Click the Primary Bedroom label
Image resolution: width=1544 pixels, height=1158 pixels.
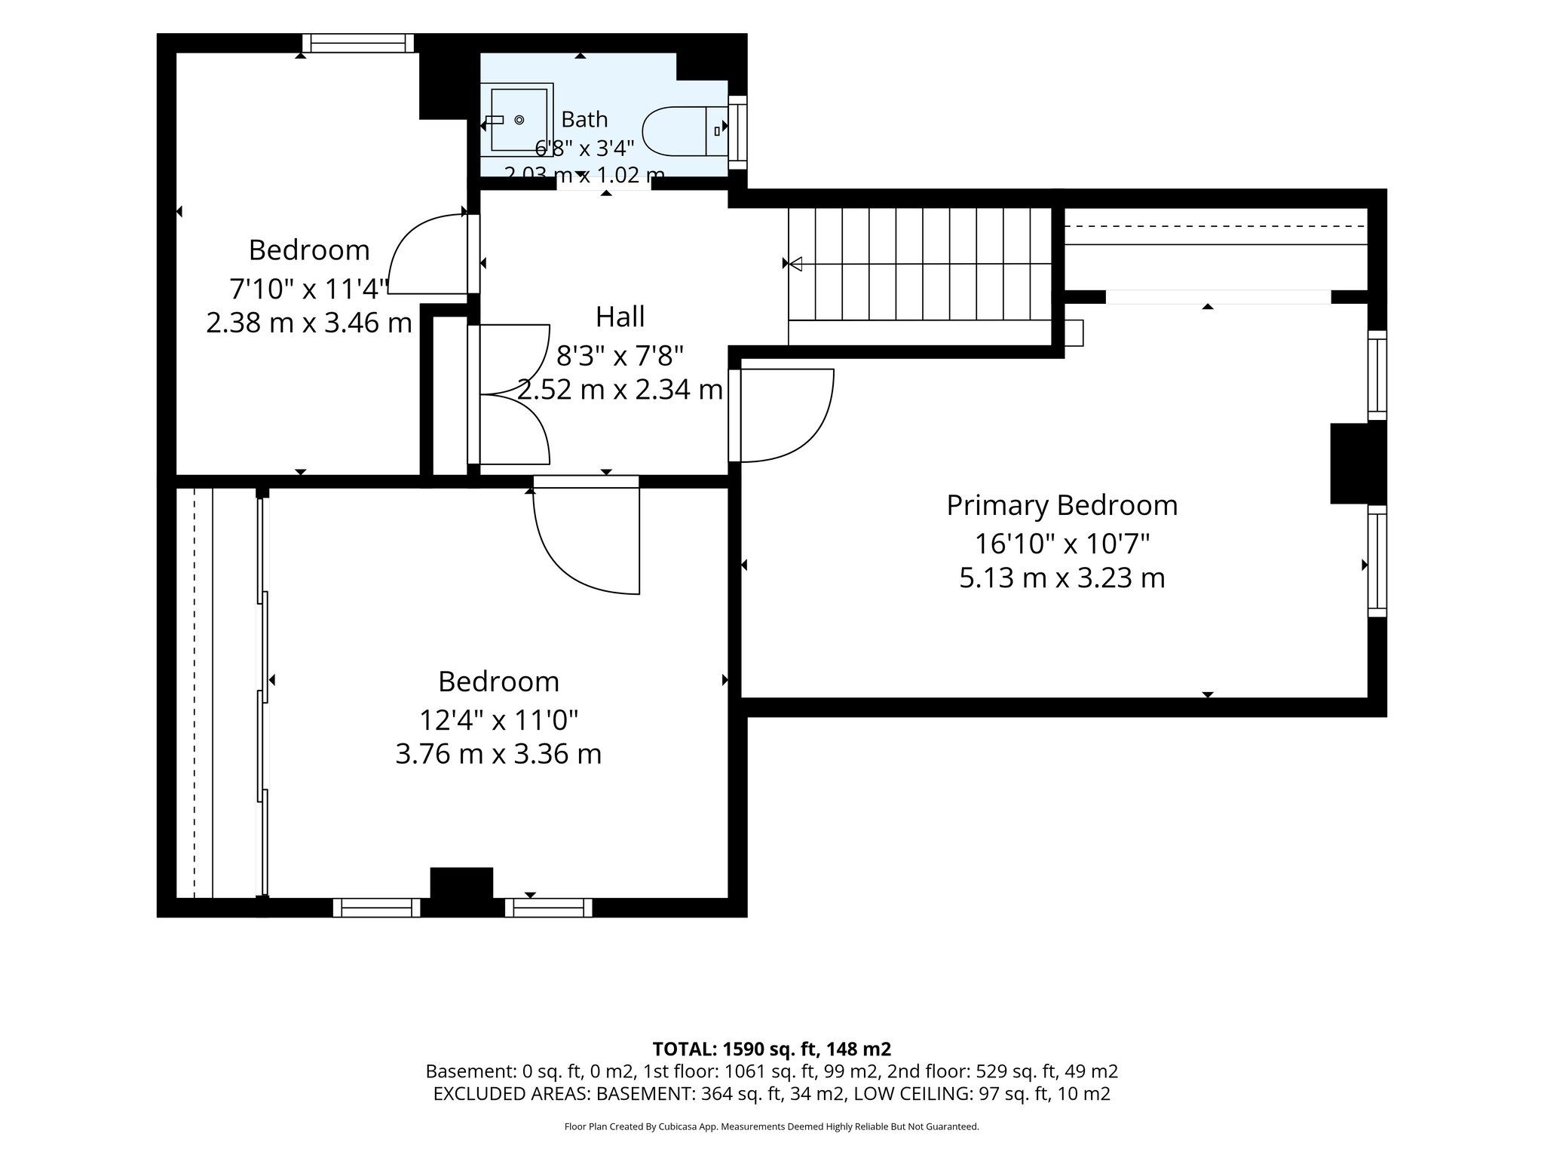(1062, 505)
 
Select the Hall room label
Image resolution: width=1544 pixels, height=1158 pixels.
(620, 317)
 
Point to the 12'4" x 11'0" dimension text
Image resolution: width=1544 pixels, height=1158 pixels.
(498, 719)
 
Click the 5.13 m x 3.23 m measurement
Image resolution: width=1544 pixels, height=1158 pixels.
(1062, 578)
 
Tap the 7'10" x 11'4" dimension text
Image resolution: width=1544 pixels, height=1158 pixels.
(309, 287)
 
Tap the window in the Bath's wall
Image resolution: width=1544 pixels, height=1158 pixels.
(737, 133)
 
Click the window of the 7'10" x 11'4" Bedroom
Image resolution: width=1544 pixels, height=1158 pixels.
(358, 43)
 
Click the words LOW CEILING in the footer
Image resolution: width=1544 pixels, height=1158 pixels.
(923, 1094)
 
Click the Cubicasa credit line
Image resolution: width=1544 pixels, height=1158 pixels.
(771, 1127)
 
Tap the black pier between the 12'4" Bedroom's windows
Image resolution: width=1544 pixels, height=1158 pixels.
(461, 892)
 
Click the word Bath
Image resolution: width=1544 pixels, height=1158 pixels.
(584, 119)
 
